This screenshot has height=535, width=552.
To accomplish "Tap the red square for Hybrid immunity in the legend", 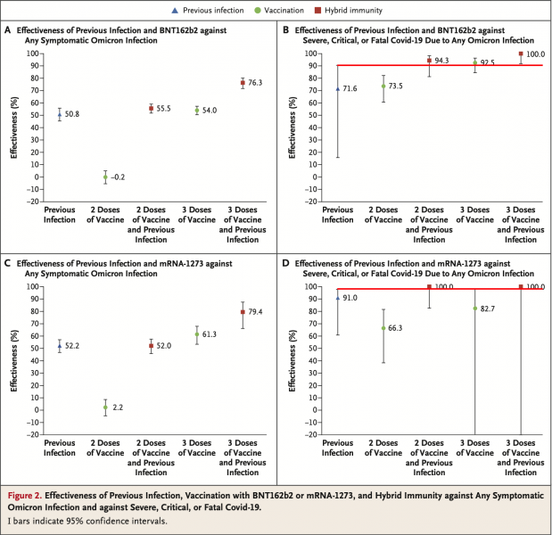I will click(335, 10).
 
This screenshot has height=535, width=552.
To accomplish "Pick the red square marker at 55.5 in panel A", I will click(151, 108).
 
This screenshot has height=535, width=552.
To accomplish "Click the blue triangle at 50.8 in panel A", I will click(59, 114).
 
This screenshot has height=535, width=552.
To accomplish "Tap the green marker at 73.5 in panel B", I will click(383, 86).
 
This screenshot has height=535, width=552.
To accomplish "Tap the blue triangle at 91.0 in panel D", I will click(337, 298).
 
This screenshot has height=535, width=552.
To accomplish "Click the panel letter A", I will click(9, 30).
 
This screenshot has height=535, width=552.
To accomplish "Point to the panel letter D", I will click(285, 264).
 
